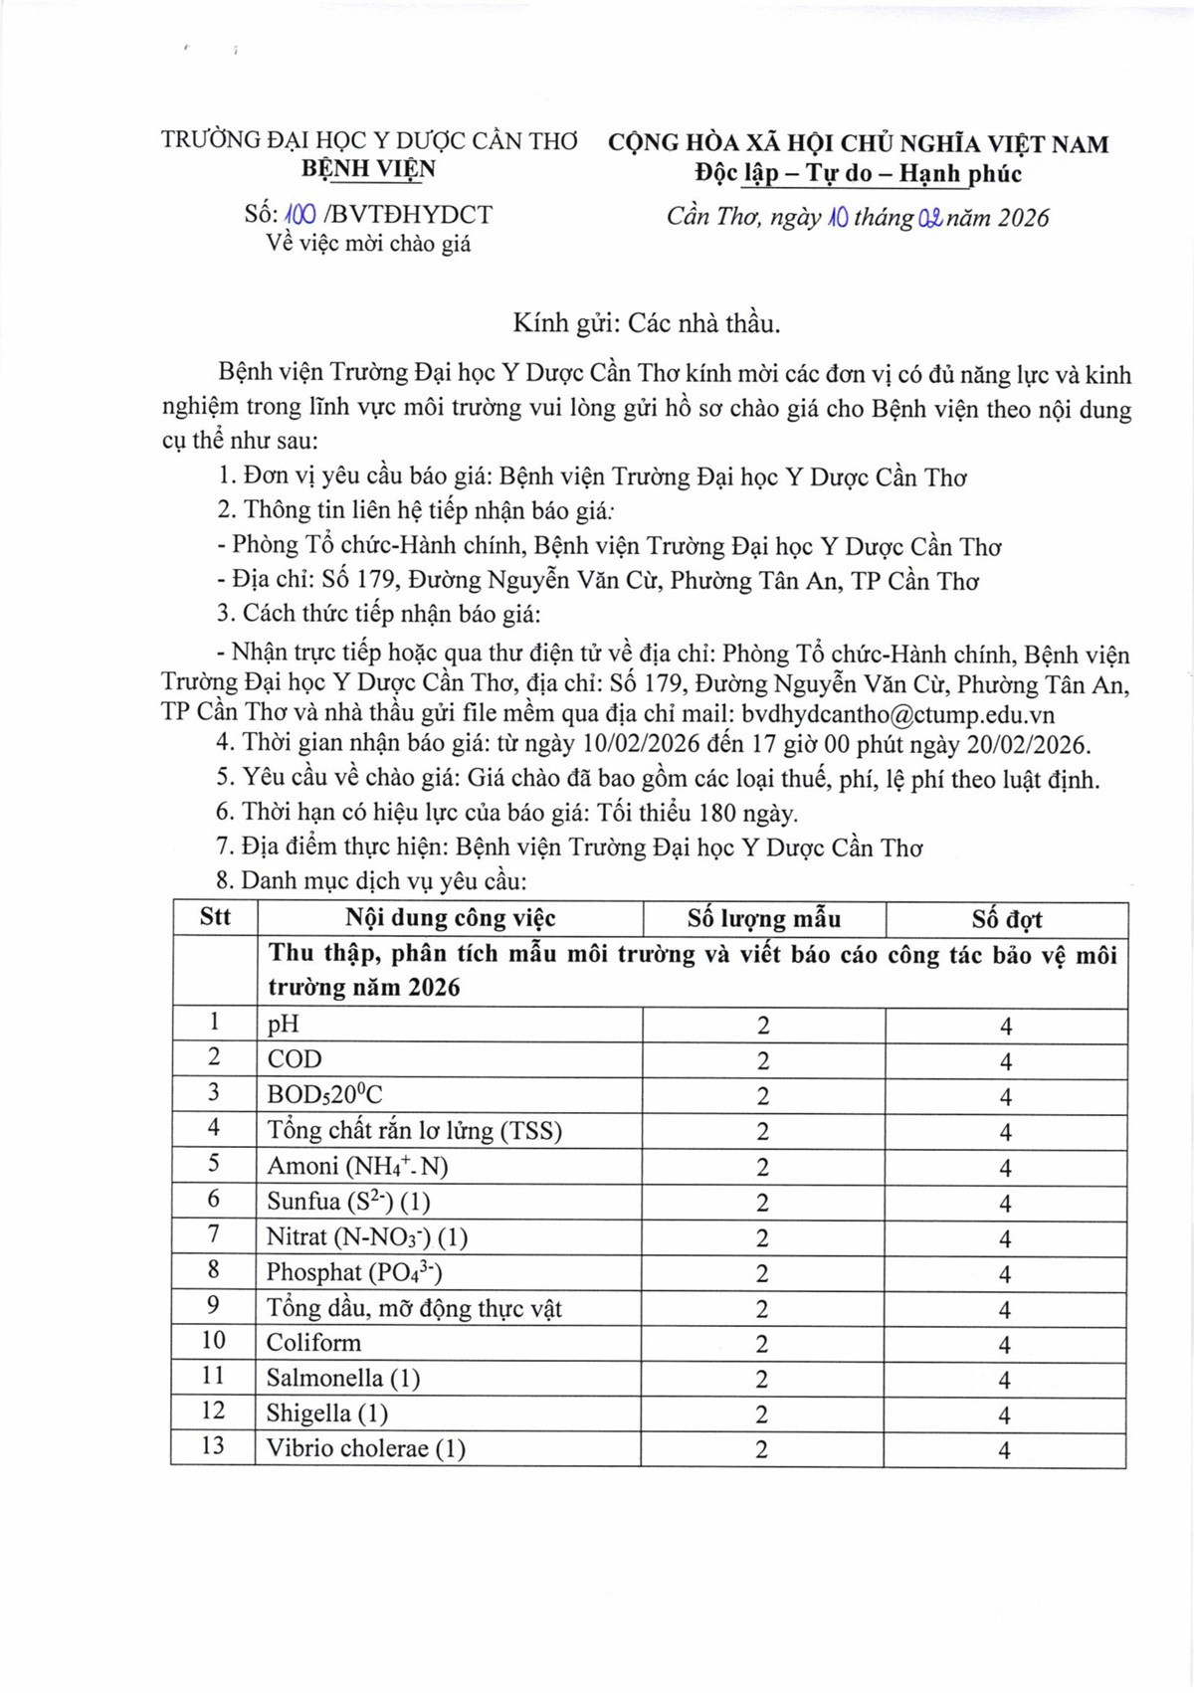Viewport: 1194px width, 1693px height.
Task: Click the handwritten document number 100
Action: [300, 215]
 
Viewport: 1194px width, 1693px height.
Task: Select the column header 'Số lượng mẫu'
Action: [763, 918]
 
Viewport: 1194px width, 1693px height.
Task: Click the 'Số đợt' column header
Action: [1006, 918]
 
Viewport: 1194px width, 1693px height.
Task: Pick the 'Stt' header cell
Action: [215, 917]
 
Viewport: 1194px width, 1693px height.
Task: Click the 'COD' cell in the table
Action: [295, 1059]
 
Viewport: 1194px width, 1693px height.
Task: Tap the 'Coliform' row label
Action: [313, 1343]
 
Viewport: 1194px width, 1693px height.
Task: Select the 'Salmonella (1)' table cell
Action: [343, 1379]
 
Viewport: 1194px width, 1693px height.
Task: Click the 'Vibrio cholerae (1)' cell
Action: [365, 1448]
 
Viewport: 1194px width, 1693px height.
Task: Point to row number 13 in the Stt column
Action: [213, 1446]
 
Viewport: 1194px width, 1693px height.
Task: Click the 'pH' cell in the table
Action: [283, 1025]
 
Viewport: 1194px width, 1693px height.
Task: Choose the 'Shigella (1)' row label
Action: [326, 1413]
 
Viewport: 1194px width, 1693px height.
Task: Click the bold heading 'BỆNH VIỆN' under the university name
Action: [368, 169]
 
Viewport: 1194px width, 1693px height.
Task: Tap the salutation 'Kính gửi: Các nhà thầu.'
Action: [647, 323]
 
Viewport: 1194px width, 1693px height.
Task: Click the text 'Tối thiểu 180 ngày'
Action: [696, 814]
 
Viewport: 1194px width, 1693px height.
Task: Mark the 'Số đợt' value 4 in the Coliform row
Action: [1005, 1345]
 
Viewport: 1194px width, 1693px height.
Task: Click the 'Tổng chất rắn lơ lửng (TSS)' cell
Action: [414, 1131]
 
